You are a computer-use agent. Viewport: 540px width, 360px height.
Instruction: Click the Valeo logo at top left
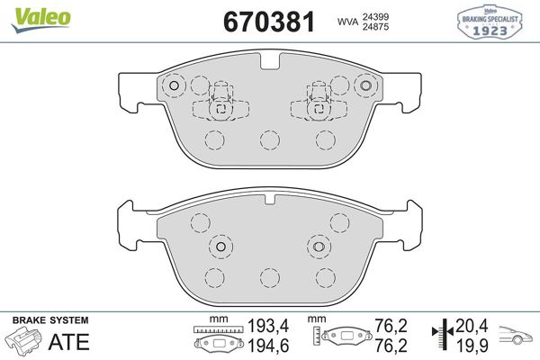pos(40,19)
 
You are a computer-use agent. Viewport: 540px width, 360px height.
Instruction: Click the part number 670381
pos(269,22)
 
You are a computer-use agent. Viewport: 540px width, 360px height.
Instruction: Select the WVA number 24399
pos(375,16)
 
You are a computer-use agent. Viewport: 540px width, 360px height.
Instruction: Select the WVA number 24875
pos(375,27)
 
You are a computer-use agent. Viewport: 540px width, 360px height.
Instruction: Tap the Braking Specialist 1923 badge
pos(490,22)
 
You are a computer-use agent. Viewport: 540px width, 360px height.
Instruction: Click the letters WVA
pos(347,22)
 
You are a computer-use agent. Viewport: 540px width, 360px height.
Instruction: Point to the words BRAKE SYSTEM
pos(50,320)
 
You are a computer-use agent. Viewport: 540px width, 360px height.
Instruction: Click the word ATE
pos(69,342)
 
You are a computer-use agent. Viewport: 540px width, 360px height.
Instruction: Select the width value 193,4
pos(268,326)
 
